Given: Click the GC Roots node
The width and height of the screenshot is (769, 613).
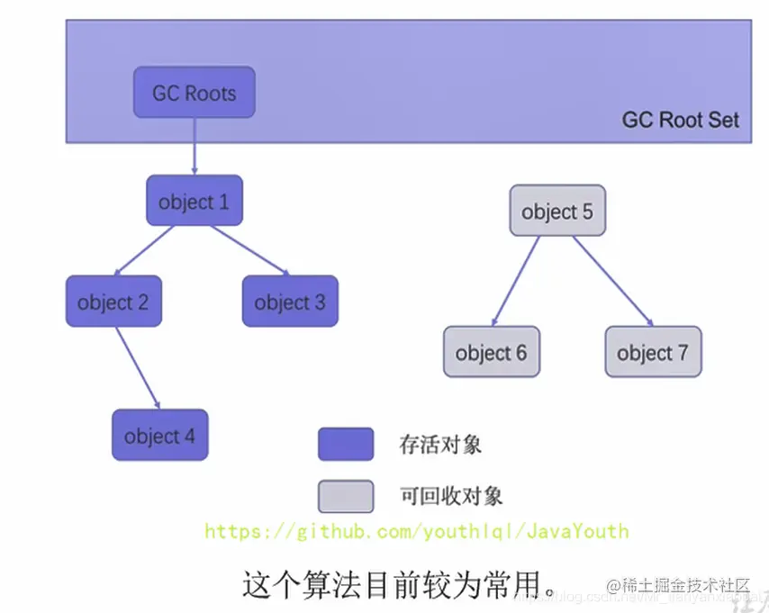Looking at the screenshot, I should pyautogui.click(x=194, y=93).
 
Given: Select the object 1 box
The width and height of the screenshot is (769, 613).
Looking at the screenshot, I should pyautogui.click(x=194, y=201).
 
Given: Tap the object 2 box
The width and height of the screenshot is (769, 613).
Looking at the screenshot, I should pyautogui.click(x=113, y=302).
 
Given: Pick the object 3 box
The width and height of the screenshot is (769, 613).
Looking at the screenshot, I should pyautogui.click(x=289, y=302).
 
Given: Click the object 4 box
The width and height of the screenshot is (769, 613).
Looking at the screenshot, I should pyautogui.click(x=159, y=436).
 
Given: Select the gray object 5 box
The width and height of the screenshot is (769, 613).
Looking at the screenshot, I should pyautogui.click(x=556, y=212).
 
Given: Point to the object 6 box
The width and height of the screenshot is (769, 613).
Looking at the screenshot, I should pyautogui.click(x=491, y=352).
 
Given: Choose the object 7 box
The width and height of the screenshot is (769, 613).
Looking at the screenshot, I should pyautogui.click(x=652, y=352).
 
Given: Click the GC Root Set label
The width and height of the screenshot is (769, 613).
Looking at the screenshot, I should pyautogui.click(x=680, y=120).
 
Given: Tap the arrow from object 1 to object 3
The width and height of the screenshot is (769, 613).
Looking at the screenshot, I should pyautogui.click(x=250, y=250).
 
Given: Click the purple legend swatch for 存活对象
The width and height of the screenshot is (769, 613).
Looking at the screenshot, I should pyautogui.click(x=345, y=444).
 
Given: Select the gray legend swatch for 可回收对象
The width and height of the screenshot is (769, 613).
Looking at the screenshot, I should pyautogui.click(x=345, y=496).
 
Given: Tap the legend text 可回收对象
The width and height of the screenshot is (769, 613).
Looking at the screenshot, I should pyautogui.click(x=450, y=496).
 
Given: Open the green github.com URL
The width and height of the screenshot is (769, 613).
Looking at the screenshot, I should pyautogui.click(x=416, y=531).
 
